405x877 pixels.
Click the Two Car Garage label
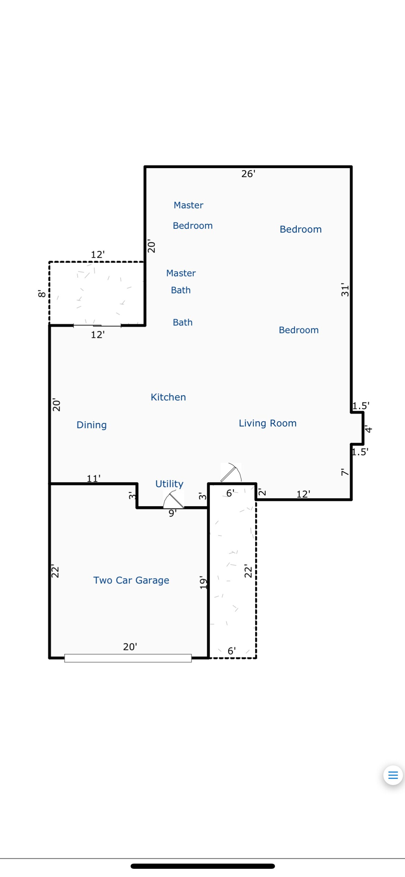131,580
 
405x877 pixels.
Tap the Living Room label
268,423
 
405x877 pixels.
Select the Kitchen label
168,397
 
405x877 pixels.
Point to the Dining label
92,425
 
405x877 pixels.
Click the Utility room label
169,484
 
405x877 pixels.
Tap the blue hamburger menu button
393,775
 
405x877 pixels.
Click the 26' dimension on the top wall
248,174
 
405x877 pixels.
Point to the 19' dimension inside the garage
203,583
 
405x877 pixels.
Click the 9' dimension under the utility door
173,513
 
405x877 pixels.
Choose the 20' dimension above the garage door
130,647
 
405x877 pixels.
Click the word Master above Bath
181,273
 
